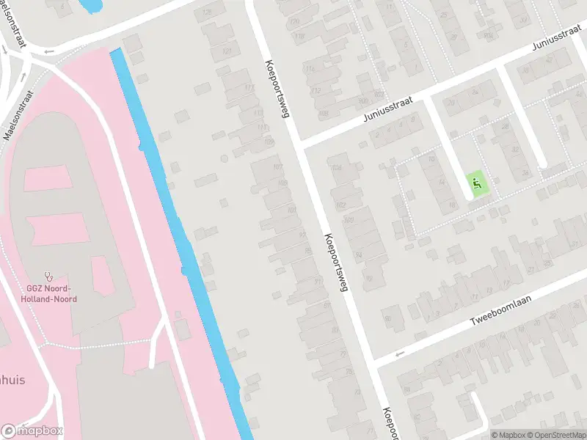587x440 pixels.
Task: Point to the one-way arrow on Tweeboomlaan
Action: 399,355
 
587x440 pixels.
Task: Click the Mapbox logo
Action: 32,431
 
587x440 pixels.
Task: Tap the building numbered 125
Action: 207,12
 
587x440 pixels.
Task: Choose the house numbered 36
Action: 525,173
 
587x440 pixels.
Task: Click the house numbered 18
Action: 452,205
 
